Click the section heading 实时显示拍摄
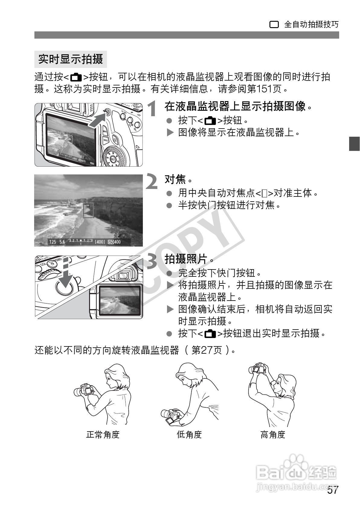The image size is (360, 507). click(70, 59)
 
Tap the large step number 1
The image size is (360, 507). click(153, 109)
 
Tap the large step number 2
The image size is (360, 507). click(152, 181)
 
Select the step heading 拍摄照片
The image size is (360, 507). click(186, 259)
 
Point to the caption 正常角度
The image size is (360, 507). click(103, 435)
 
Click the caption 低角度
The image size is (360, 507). click(189, 435)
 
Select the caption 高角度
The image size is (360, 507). click(273, 435)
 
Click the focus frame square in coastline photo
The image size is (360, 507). click(88, 210)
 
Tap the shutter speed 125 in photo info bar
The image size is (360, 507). click(53, 242)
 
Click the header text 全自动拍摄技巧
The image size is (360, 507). click(311, 24)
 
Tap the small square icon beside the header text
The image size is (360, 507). click(274, 25)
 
